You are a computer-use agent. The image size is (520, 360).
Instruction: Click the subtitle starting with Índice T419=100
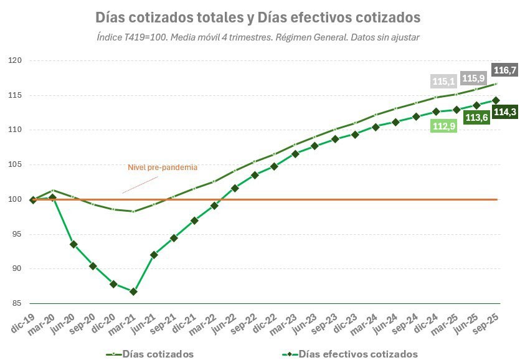258,37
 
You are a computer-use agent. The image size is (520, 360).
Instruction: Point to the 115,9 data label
474,78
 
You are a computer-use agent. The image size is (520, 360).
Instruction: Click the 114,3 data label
504,112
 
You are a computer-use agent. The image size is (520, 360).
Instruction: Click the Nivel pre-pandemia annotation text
163,167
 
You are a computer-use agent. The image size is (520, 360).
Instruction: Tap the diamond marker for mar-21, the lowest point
133,291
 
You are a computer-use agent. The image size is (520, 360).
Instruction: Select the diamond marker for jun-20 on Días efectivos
73,244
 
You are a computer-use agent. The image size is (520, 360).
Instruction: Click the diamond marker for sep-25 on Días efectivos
496,100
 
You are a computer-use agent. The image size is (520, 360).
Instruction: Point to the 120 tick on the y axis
15,60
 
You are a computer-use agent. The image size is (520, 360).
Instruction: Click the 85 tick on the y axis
16,303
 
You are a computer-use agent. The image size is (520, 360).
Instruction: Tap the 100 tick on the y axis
15,199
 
